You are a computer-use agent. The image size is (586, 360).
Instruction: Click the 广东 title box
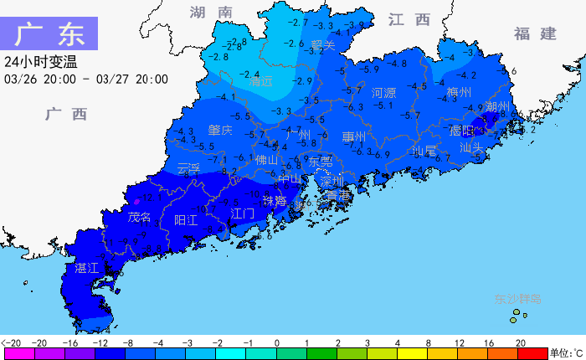click(49, 34)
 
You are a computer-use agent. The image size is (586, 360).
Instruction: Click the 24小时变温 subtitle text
click(40, 62)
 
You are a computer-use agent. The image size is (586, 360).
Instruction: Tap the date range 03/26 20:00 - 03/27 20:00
click(85, 80)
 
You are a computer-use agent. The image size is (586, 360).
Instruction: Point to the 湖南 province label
click(210, 13)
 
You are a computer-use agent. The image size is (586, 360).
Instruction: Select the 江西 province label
click(409, 19)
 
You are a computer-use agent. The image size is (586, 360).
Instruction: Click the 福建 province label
click(535, 33)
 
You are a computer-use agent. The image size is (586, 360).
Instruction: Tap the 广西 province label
click(66, 114)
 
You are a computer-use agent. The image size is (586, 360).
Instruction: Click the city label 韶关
click(322, 45)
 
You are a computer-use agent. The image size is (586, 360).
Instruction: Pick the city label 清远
click(261, 82)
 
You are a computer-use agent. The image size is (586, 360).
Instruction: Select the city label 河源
click(383, 93)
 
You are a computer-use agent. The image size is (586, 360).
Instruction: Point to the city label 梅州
click(459, 92)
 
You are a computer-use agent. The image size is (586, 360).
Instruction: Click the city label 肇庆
click(220, 131)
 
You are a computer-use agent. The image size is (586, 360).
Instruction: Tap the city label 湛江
click(87, 268)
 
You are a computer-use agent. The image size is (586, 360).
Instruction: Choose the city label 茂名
click(140, 218)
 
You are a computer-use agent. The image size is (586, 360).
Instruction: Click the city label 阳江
click(186, 219)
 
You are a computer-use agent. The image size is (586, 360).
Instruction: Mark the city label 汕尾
click(424, 151)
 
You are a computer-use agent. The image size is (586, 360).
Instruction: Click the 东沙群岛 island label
click(517, 299)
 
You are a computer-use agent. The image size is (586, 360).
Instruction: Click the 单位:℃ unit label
click(566, 352)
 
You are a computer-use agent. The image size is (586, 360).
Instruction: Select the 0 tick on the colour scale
click(276, 343)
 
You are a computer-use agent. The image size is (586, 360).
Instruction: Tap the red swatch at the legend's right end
click(532, 353)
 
